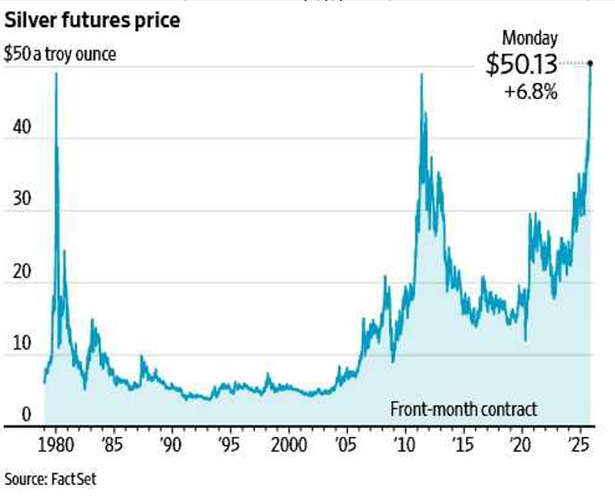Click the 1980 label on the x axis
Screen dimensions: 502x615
click(56, 446)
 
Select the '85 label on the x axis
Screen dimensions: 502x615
click(114, 446)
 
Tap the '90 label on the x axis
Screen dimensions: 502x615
click(172, 446)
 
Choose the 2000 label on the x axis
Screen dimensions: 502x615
click(289, 446)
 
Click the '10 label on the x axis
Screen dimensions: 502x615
click(405, 446)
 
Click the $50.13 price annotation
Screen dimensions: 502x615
click(522, 65)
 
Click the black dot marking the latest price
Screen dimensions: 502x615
click(590, 63)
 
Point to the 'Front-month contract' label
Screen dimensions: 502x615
click(463, 409)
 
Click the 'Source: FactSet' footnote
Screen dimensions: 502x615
click(49, 478)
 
